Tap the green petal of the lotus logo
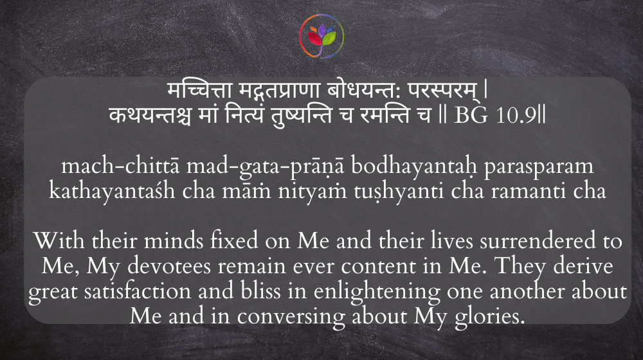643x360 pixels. coord(329,39)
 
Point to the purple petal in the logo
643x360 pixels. coord(322,30)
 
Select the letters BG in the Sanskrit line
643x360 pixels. coord(471,116)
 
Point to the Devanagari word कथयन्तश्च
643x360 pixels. coord(150,116)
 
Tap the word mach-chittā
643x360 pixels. coord(120,166)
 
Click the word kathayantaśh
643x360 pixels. coord(112,191)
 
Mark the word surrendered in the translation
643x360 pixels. coord(538,240)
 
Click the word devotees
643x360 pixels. coord(169,266)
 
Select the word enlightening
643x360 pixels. coord(377,292)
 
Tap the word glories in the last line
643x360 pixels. coord(489,317)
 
